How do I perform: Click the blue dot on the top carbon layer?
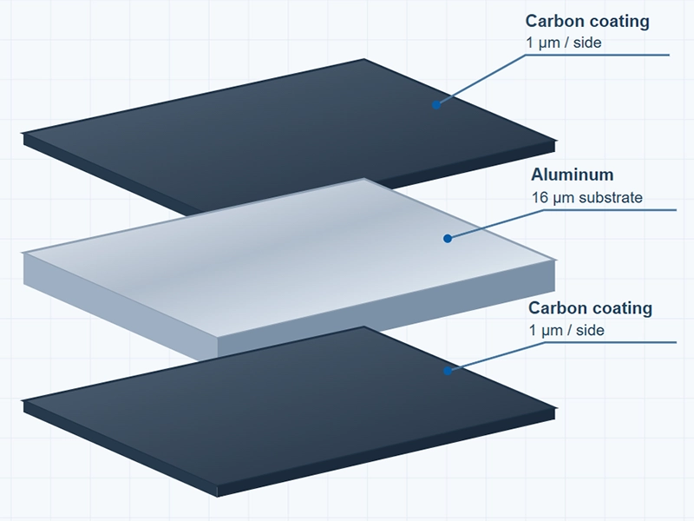click(436, 105)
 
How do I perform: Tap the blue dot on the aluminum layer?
click(448, 239)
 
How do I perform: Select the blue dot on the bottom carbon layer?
click(448, 371)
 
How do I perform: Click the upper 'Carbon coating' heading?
click(587, 21)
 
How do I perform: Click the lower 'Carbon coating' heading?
click(590, 308)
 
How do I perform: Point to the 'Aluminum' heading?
click(573, 175)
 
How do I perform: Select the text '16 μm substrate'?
click(587, 197)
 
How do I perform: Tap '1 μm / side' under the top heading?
click(563, 43)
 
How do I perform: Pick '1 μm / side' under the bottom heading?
click(566, 331)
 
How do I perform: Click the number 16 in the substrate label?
click(540, 197)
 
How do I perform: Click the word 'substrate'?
click(611, 197)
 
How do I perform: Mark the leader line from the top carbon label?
click(525, 56)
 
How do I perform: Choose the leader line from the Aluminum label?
click(543, 210)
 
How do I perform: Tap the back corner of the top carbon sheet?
click(364, 59)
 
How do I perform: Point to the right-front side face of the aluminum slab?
click(386, 307)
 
